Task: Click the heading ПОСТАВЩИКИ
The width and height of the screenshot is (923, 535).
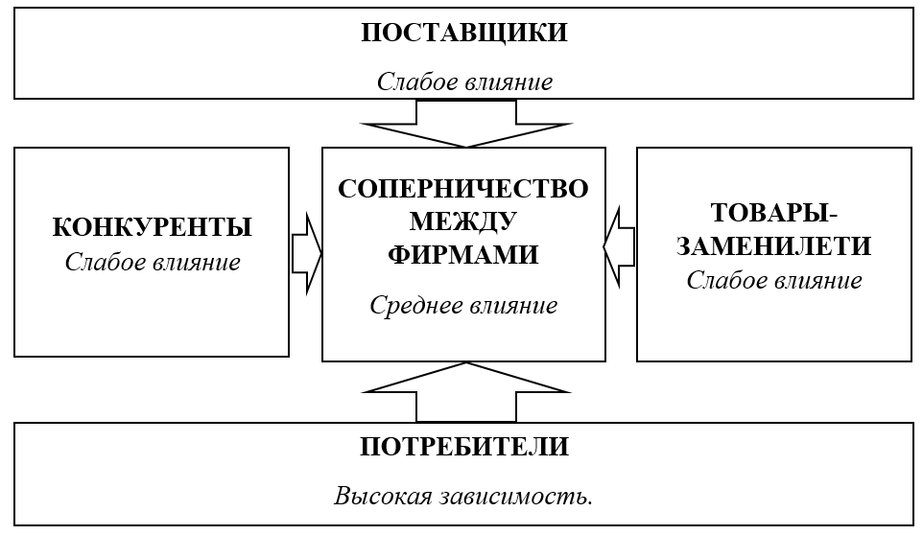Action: [x=464, y=33]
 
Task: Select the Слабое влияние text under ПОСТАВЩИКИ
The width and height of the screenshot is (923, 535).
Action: [x=464, y=81]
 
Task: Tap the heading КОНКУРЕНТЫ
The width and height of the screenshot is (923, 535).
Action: [x=152, y=227]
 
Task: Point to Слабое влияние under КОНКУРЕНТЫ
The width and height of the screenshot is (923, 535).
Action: [x=153, y=262]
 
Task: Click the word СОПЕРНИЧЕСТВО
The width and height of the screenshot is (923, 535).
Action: [x=463, y=189]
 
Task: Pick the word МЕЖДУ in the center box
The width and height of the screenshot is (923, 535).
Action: [x=463, y=222]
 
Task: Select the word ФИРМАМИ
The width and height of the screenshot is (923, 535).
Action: [x=463, y=255]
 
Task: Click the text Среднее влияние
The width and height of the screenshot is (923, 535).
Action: [x=463, y=305]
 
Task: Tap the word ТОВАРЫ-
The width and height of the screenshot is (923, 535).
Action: [x=774, y=213]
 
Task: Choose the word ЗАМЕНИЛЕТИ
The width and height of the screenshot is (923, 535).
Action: [x=773, y=245]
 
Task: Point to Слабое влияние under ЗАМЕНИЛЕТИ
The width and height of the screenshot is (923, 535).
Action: [x=774, y=280]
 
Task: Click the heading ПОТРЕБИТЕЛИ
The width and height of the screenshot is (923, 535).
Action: [x=464, y=447]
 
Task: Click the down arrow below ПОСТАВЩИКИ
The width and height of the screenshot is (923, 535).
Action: [x=466, y=124]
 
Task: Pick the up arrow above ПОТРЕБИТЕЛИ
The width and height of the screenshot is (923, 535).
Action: [x=466, y=391]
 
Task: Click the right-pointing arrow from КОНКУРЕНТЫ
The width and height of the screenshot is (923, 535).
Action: [x=307, y=253]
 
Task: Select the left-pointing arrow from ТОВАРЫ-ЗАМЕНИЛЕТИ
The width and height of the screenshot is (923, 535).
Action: [x=619, y=247]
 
